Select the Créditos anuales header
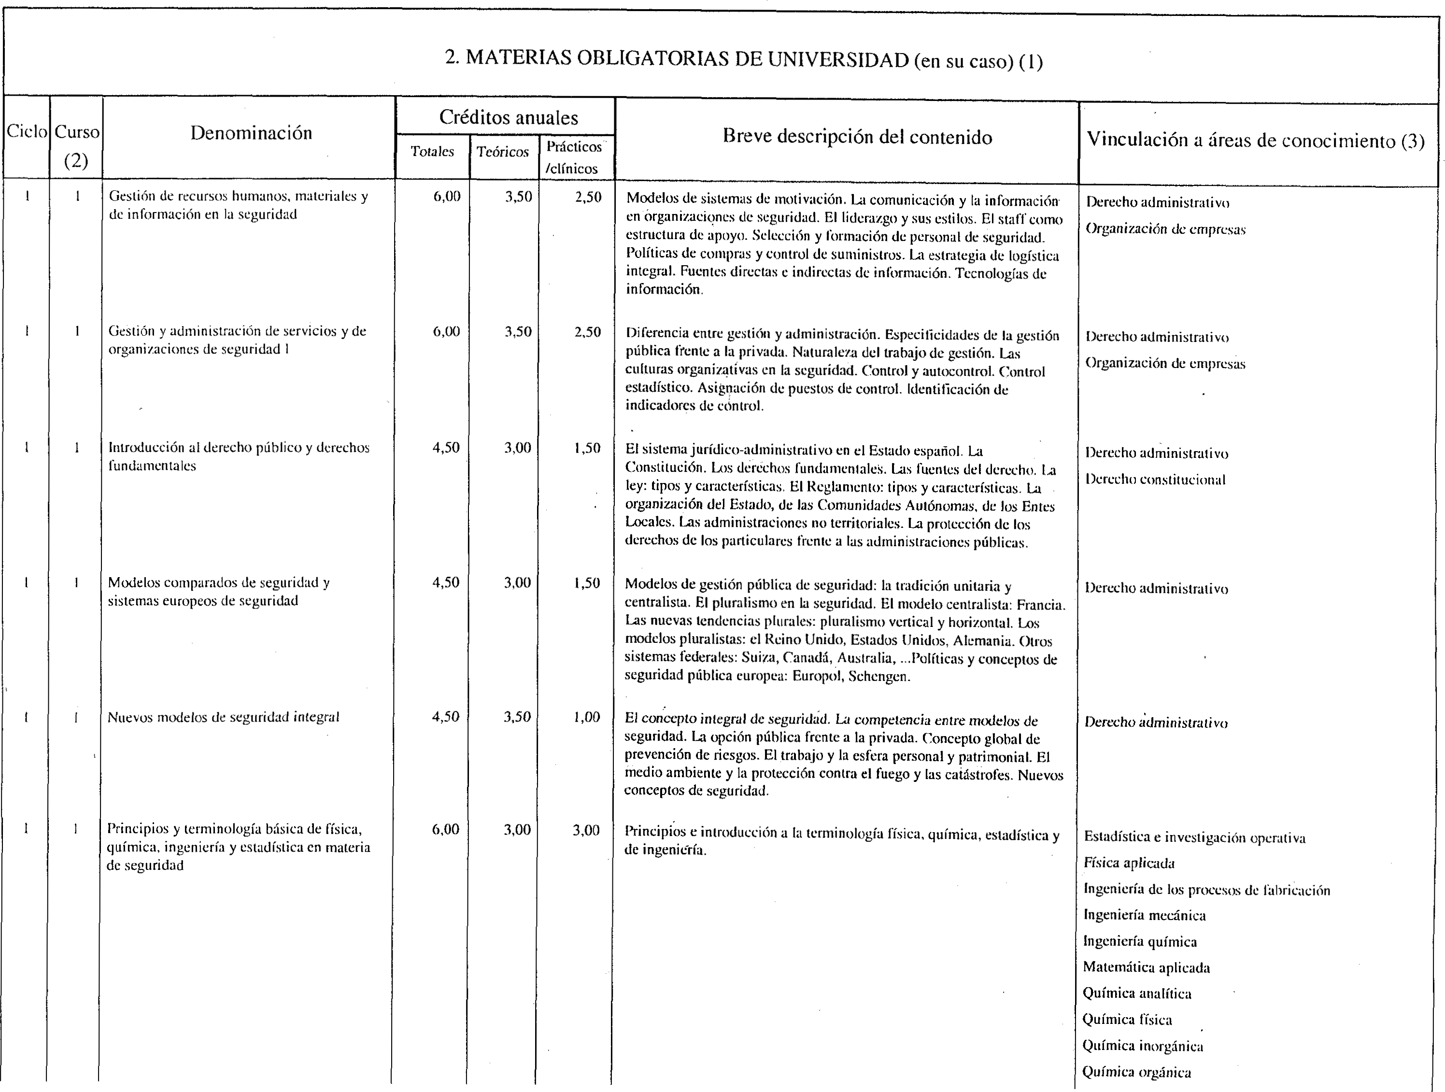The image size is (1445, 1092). point(508,117)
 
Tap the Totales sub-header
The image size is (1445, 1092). point(432,152)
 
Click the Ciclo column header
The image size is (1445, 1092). point(27,132)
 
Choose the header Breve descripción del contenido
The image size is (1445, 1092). point(857,137)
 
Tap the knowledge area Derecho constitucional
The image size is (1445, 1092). point(1155,480)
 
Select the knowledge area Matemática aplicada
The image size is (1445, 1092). point(1147,967)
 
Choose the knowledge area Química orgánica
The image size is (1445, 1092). point(1137,1072)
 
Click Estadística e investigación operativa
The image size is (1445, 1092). point(1195,837)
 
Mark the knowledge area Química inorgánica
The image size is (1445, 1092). point(1143,1046)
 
